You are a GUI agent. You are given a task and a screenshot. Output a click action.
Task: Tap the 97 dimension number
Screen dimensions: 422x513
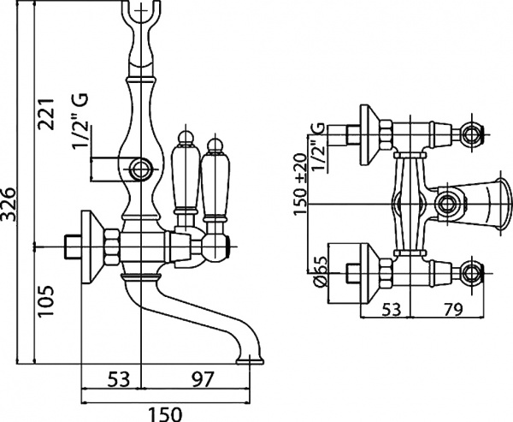tap(203, 377)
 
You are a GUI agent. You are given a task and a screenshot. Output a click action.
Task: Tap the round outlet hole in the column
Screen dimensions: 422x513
tap(141, 167)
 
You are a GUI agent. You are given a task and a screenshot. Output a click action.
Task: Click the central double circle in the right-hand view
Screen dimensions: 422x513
tap(445, 205)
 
